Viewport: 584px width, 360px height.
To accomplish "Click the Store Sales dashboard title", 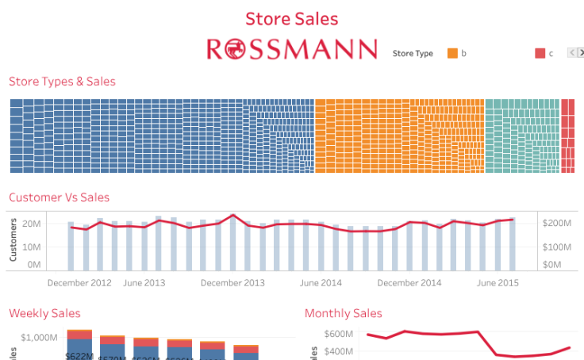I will (292, 18).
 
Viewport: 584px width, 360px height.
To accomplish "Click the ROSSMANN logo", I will (292, 49).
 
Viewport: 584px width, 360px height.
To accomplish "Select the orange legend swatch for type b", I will (453, 53).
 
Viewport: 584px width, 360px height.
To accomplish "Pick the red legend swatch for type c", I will (540, 53).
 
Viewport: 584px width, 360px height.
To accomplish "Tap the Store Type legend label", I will (413, 54).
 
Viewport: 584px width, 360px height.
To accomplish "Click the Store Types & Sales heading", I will (62, 82).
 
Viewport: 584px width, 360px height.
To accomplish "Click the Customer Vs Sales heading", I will (59, 197).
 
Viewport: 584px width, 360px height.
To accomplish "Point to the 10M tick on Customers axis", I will (32, 247).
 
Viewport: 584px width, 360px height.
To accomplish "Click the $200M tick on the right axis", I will (556, 224).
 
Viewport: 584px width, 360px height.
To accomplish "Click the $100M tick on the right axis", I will (556, 247).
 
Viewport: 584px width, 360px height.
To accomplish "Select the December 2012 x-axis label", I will (79, 282).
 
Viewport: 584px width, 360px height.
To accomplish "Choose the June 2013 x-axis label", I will (144, 282).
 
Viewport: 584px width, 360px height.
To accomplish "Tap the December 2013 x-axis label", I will (232, 282).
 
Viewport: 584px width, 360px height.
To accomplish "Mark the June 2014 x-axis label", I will (321, 282).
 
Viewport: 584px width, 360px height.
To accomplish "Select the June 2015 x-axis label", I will (498, 282).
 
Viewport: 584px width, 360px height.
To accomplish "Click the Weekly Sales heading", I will (44, 314).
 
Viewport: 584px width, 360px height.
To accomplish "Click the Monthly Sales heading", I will (343, 314).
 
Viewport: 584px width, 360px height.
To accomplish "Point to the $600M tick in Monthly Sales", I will (338, 334).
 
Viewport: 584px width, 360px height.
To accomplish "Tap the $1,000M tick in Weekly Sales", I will (37, 338).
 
